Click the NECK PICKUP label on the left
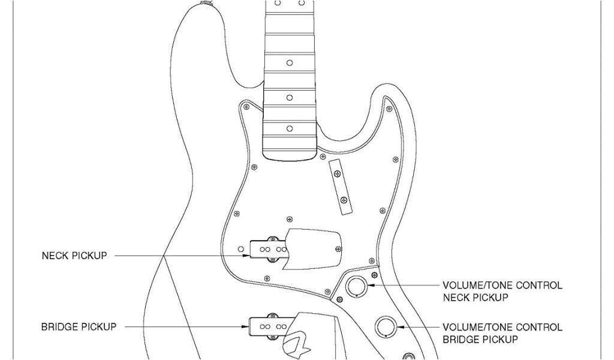(x=74, y=256)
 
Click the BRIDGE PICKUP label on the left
(x=79, y=327)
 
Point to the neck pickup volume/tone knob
(x=356, y=286)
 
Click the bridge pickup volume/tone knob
(x=384, y=326)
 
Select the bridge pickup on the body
(x=267, y=327)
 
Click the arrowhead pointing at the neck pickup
(x=246, y=256)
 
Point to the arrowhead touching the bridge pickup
(x=246, y=327)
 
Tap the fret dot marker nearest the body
(x=289, y=128)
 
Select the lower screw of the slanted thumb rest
(x=343, y=199)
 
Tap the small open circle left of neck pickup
(x=241, y=248)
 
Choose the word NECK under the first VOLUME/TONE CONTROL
(x=455, y=298)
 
